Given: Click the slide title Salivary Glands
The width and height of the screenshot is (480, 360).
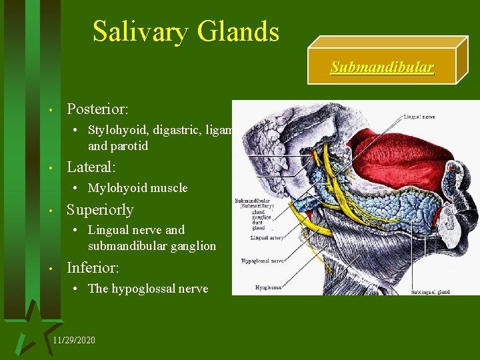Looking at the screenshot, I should pyautogui.click(x=186, y=31).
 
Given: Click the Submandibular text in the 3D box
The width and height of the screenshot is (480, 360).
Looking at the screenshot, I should pyautogui.click(x=382, y=68).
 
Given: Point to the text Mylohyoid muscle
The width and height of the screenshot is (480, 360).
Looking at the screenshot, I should pyautogui.click(x=138, y=188).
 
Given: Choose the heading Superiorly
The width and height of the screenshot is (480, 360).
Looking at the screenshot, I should pyautogui.click(x=100, y=209).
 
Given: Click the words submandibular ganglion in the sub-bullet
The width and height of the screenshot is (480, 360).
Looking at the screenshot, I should pyautogui.click(x=152, y=246).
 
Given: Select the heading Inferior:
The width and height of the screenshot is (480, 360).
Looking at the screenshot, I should pyautogui.click(x=93, y=268).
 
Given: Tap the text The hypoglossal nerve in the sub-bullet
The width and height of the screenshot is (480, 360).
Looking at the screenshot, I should pyautogui.click(x=148, y=288).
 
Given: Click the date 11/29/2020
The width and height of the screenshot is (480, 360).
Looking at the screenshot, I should pyautogui.click(x=73, y=341).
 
